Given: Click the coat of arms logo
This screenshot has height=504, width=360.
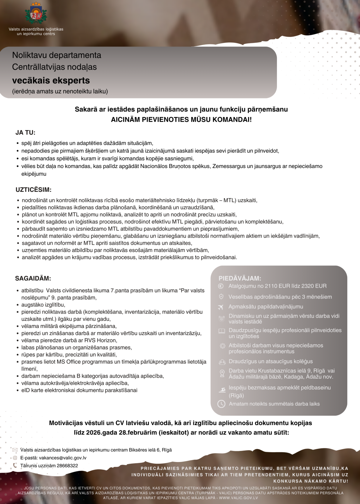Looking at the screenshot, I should click(x=36, y=14).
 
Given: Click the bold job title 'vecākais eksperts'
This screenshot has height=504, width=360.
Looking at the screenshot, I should click(x=51, y=81).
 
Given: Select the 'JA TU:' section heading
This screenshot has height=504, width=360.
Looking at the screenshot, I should click(x=25, y=133).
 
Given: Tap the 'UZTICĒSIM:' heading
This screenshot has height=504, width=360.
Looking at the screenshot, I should click(x=33, y=190).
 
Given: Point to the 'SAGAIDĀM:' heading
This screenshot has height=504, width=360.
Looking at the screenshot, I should click(x=33, y=279).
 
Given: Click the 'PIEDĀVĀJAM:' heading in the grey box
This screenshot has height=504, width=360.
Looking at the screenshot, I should click(x=240, y=279).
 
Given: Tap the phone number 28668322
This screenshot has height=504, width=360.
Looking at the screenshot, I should click(x=67, y=466).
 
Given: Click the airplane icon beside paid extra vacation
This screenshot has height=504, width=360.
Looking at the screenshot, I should click(x=221, y=307).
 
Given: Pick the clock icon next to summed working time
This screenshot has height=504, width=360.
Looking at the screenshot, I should click(x=221, y=404).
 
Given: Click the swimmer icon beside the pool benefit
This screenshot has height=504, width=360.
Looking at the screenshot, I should click(x=222, y=390).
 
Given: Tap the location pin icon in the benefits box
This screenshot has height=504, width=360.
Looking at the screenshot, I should click(x=222, y=373).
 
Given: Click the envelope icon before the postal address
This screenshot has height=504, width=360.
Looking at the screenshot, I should click(x=15, y=450).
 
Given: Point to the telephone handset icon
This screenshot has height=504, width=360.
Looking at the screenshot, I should click(x=15, y=466).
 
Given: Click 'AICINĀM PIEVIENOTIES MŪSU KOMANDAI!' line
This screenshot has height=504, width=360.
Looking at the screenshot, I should click(x=181, y=120).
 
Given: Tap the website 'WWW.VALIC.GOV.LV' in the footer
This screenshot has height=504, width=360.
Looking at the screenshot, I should click(x=238, y=498).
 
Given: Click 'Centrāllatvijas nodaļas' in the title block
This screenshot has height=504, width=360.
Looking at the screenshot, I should click(x=54, y=67).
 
